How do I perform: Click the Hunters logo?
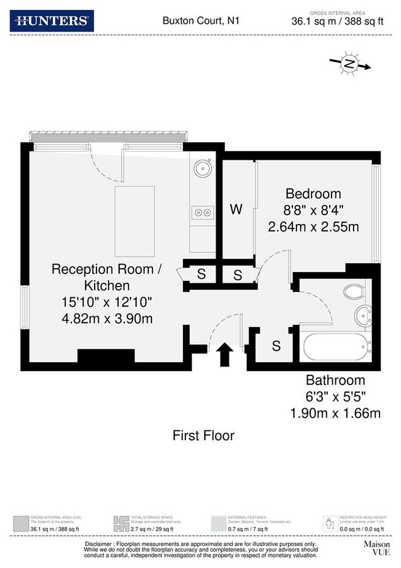52,21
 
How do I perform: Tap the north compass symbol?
349,64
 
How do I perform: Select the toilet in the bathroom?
354,292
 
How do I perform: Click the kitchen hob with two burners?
203,213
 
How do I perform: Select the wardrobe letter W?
236,210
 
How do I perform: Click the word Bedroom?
313,194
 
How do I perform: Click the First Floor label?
204,435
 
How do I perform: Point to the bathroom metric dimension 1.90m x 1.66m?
335,413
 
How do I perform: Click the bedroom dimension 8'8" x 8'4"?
313,210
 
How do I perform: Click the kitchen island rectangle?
134,222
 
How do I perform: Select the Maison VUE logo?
376,547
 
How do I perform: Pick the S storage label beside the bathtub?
276,346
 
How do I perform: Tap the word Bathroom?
335,381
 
